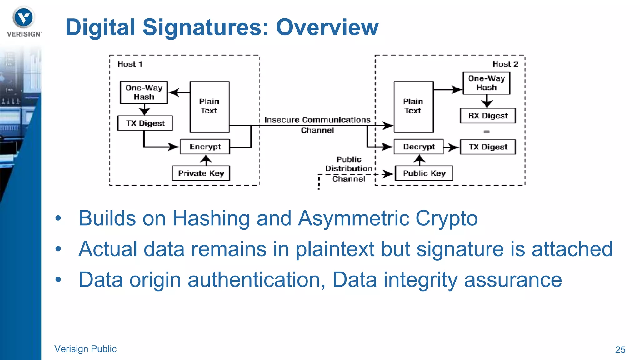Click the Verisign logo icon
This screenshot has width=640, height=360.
tap(24, 18)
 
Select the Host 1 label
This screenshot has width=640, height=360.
tap(130, 64)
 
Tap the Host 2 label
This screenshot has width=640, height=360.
tap(505, 64)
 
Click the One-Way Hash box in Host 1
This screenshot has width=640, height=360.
tap(144, 92)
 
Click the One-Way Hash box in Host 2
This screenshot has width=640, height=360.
tap(486, 83)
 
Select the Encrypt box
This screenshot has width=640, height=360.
tap(205, 147)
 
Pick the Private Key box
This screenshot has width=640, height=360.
tap(201, 173)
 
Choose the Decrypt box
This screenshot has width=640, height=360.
tap(418, 147)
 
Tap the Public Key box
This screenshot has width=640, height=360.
tap(424, 173)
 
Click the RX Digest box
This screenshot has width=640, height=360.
tap(488, 116)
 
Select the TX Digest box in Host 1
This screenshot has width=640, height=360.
tap(145, 123)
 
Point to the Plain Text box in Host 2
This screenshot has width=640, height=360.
tap(413, 107)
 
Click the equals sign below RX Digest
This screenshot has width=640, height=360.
tap(487, 132)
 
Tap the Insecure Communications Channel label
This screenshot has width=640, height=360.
tap(317, 125)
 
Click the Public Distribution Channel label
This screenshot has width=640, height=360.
tap(349, 169)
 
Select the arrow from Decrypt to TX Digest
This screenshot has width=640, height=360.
tap(451, 147)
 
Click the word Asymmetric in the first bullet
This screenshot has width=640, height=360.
tap(353, 218)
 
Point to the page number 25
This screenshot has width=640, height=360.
tap(620, 350)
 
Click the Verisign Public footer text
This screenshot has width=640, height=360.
tap(85, 349)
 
